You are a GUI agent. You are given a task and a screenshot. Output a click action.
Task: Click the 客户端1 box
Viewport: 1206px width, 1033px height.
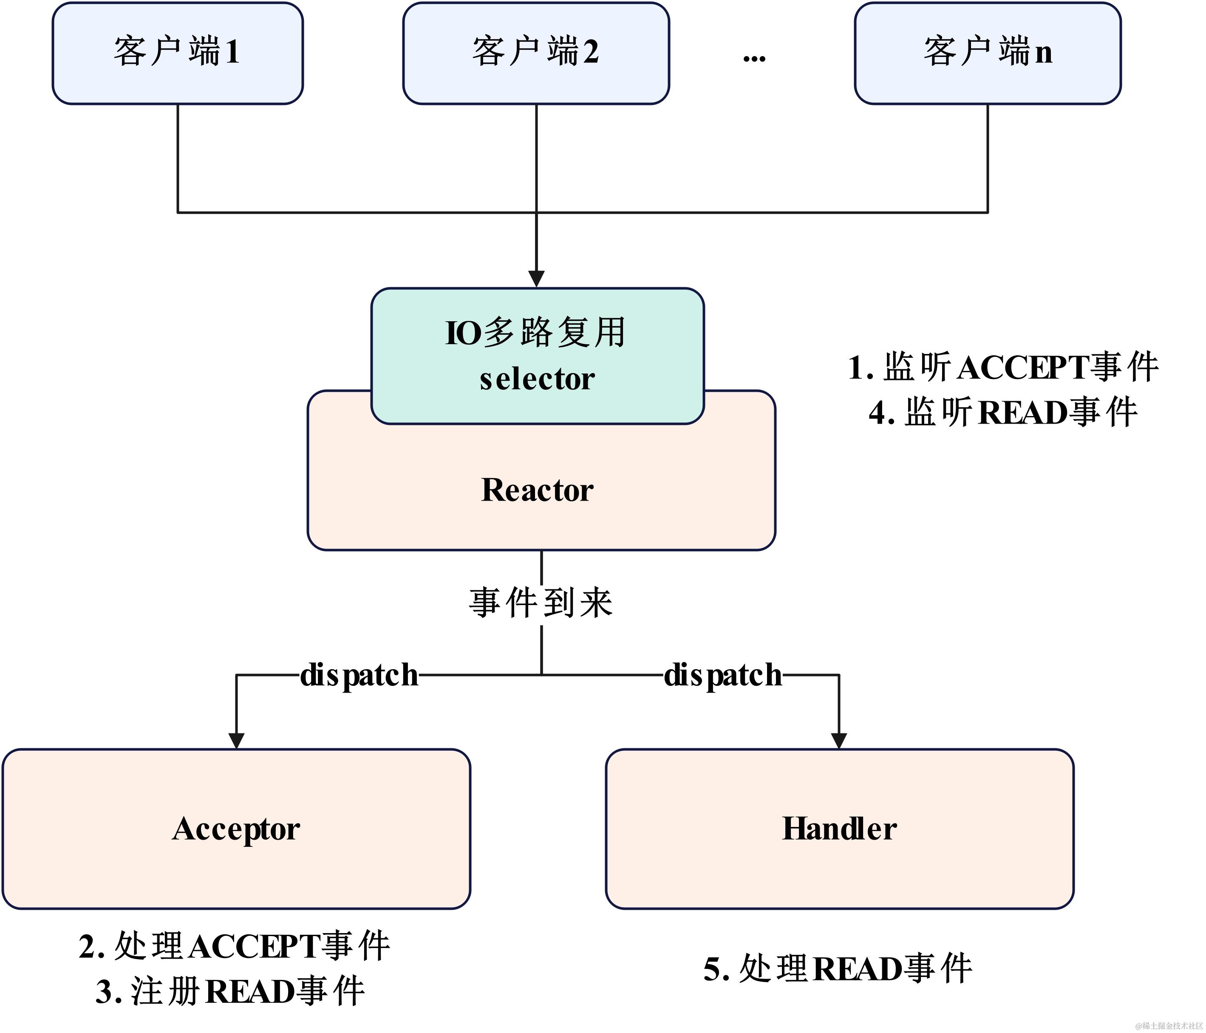pyautogui.click(x=178, y=53)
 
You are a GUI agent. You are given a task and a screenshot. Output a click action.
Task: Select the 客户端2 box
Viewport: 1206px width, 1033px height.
pyautogui.click(x=535, y=53)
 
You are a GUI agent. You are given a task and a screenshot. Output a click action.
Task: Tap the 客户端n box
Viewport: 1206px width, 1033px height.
pyautogui.click(x=987, y=53)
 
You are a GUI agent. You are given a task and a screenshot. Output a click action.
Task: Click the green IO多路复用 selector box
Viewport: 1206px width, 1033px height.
pyautogui.click(x=537, y=355)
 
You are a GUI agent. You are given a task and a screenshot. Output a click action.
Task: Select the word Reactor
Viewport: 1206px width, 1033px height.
pyautogui.click(x=537, y=490)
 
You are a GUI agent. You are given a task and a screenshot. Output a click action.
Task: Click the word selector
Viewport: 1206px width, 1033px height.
pyautogui.click(x=537, y=379)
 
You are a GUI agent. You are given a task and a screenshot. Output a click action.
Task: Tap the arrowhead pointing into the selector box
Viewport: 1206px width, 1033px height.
pyautogui.click(x=536, y=279)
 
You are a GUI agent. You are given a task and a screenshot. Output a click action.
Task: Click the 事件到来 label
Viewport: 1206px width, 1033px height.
pyautogui.click(x=541, y=603)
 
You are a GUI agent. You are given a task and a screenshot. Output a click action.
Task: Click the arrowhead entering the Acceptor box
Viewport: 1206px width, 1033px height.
pyautogui.click(x=236, y=740)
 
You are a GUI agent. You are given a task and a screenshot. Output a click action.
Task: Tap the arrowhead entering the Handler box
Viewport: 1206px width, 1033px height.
pyautogui.click(x=839, y=740)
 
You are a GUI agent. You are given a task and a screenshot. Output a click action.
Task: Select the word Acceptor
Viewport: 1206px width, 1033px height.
pyautogui.click(x=236, y=829)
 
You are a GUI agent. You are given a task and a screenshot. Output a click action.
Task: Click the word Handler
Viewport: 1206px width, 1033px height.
pyautogui.click(x=839, y=829)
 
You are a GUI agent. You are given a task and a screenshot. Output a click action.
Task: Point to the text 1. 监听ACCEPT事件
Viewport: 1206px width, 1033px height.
pyautogui.click(x=1002, y=367)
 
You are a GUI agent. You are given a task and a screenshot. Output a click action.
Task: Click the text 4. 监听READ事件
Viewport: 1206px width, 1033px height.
pyautogui.click(x=1002, y=413)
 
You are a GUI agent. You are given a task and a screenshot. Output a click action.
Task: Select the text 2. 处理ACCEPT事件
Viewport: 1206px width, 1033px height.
pyautogui.click(x=234, y=946)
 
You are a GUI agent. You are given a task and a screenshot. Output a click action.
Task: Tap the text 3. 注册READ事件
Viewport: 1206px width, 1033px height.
pyautogui.click(x=230, y=992)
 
